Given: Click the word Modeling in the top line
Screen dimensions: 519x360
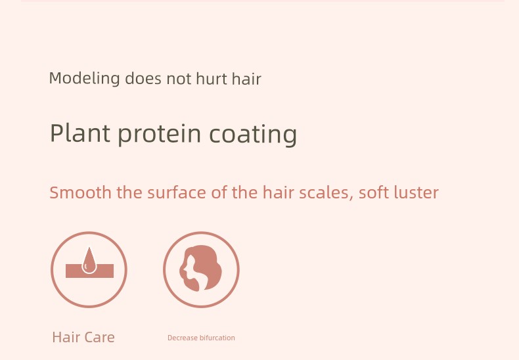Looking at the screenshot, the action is (x=84, y=79).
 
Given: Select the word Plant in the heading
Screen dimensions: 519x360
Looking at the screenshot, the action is (x=79, y=133).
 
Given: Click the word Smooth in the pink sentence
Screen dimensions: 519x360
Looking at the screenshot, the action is (x=80, y=192).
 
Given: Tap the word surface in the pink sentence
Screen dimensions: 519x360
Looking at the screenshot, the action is (x=177, y=192).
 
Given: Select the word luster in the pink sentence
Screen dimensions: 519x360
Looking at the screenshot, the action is (x=417, y=192).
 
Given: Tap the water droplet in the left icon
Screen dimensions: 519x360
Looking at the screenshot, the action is (x=89, y=261).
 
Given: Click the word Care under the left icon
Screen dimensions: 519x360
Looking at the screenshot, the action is (x=100, y=337).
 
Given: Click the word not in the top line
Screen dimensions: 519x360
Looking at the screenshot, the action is (x=179, y=79).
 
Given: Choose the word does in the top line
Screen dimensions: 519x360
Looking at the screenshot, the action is (x=143, y=79).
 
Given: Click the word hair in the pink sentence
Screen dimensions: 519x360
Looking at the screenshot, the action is (x=278, y=192).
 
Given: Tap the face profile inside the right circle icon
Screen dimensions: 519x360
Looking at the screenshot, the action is (x=188, y=269).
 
